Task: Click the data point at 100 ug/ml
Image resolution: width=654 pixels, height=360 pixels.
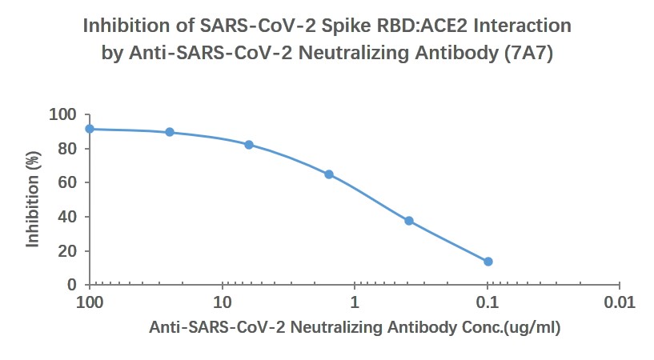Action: (x=90, y=129)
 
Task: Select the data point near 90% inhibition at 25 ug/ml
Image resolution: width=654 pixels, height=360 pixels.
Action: (x=170, y=132)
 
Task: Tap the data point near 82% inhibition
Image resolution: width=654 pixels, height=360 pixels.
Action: (x=249, y=145)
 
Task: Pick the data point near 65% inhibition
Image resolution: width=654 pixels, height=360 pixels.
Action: (x=329, y=174)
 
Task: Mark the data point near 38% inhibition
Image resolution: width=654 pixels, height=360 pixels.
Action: (x=409, y=221)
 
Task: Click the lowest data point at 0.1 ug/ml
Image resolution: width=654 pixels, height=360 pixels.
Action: (x=488, y=262)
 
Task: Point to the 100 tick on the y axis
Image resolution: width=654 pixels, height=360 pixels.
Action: (x=66, y=115)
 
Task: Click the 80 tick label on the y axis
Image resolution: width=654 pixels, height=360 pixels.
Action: (x=69, y=149)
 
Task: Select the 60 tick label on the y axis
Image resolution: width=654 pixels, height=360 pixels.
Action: (x=69, y=183)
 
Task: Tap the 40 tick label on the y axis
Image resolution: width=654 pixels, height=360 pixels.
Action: (x=69, y=217)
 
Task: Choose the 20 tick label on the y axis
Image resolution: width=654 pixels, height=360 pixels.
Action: (x=69, y=251)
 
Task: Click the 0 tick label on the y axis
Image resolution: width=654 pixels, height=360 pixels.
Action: (x=73, y=285)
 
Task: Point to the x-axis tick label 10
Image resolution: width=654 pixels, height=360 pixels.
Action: (x=223, y=303)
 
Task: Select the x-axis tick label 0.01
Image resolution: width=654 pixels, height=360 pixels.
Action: (x=620, y=303)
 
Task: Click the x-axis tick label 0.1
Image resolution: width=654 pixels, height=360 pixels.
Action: (x=487, y=303)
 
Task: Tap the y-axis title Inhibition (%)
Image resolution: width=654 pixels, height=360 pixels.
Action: (x=33, y=200)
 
